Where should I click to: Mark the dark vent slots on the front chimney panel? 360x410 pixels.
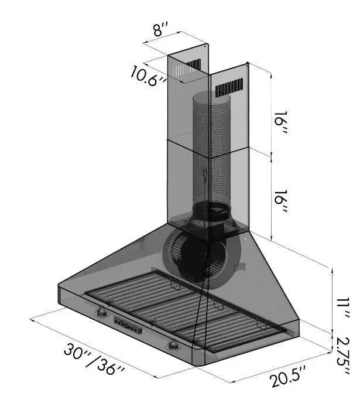point(229,88)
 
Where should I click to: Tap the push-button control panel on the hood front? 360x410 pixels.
point(128,326)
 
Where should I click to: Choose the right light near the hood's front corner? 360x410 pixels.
point(173,346)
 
